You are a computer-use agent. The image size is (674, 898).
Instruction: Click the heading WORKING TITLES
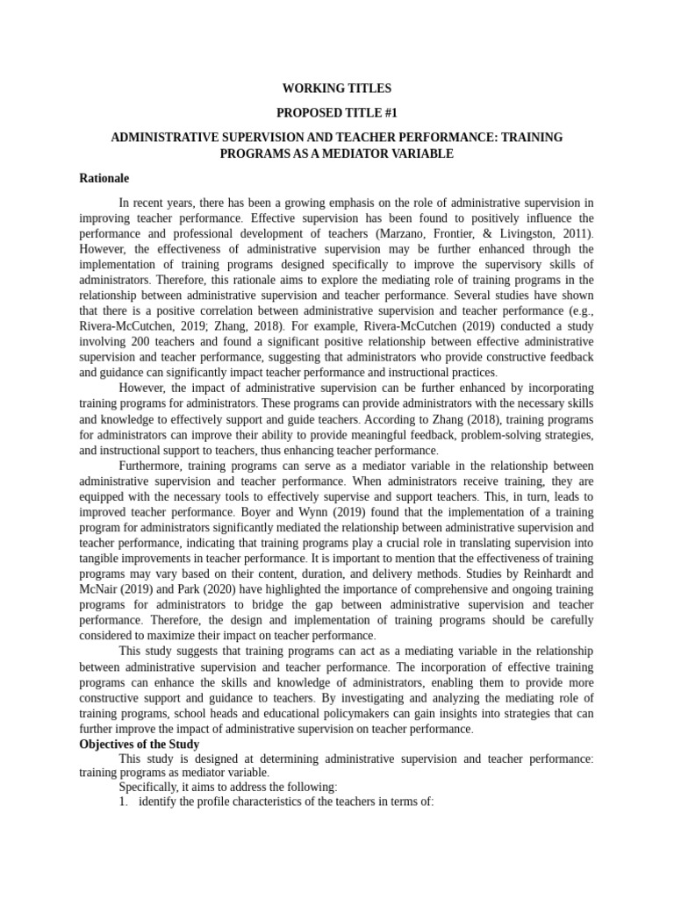(x=336, y=89)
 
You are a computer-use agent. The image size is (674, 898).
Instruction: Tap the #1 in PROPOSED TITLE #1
(x=387, y=113)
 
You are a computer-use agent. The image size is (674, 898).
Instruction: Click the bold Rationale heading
(x=104, y=178)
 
